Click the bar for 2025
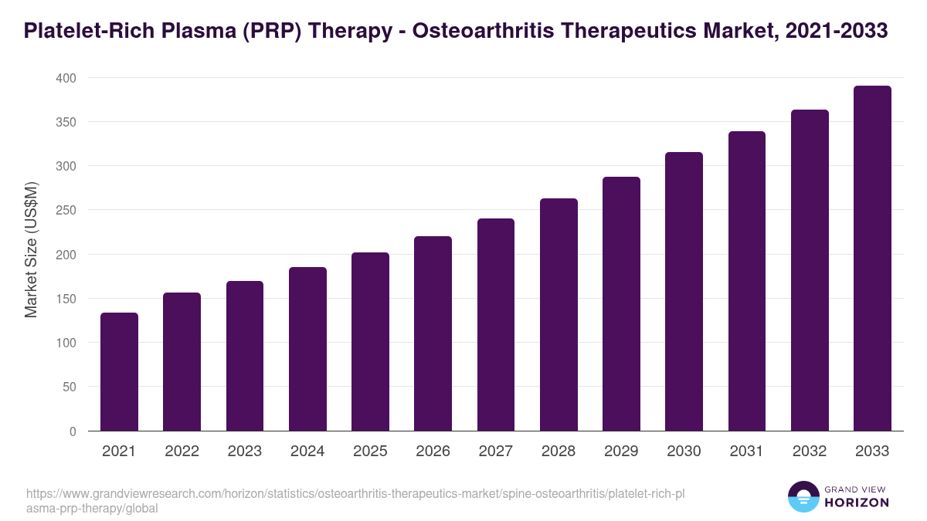pos(370,341)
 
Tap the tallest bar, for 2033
pos(872,258)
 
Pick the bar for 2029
pos(621,303)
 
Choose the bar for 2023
pos(245,356)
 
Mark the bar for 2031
pos(747,281)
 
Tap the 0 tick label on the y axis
pos(73,431)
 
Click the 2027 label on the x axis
pos(496,452)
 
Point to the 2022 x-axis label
pos(182,452)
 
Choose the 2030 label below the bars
pos(684,452)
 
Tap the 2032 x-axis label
pos(810,452)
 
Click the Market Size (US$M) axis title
pos(31,249)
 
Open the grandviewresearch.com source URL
pos(355,501)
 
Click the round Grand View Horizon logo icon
pos(803,496)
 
